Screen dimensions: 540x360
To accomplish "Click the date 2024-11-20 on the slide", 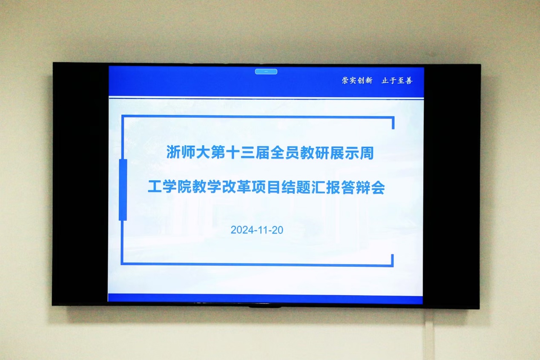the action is click(x=257, y=230).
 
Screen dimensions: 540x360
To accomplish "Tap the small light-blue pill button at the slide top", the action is click(x=266, y=72).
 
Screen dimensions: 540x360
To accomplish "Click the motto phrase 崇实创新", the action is click(x=357, y=81).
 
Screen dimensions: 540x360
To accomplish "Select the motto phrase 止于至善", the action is click(x=397, y=81).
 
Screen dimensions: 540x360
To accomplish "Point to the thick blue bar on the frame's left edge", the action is click(x=123, y=190).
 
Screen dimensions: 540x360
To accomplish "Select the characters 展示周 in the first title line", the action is click(x=352, y=153).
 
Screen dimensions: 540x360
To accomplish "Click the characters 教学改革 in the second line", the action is click(x=222, y=187).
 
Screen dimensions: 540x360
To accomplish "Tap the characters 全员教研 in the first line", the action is click(x=300, y=153).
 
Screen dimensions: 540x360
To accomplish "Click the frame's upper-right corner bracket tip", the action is click(x=393, y=129).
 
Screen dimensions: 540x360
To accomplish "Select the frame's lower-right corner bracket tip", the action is click(x=393, y=255).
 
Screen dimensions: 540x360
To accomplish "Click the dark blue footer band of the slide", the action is click(x=265, y=299).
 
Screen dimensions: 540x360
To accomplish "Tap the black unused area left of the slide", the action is click(x=81, y=184).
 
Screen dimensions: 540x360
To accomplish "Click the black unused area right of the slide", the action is click(x=451, y=186).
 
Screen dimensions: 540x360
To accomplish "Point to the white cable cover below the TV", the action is click(x=429, y=335).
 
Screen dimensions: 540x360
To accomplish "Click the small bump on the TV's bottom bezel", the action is click(x=265, y=307).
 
